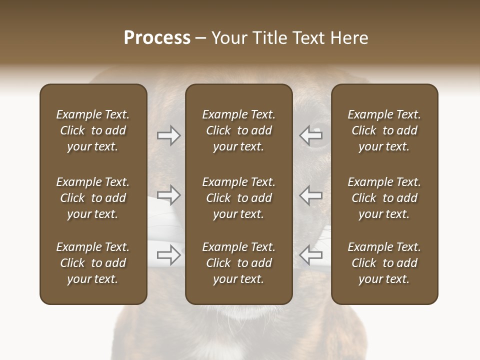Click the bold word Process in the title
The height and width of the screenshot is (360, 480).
(157, 38)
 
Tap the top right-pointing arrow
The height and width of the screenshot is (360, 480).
(169, 135)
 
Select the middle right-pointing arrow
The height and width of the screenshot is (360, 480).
(169, 195)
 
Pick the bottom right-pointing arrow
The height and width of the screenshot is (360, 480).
(169, 255)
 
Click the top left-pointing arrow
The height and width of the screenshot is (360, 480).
(311, 135)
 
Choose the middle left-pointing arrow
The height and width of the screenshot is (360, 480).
(311, 195)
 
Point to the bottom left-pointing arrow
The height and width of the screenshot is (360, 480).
(311, 255)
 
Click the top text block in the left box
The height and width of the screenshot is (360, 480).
(93, 130)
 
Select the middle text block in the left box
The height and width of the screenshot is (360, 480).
(93, 198)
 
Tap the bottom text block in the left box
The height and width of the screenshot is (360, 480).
(93, 263)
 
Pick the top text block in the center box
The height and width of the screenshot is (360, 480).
(238, 130)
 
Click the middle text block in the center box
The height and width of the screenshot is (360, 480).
(238, 198)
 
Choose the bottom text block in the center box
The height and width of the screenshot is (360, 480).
(238, 263)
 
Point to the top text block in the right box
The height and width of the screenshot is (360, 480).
(384, 130)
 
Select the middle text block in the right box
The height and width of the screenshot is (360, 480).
(384, 198)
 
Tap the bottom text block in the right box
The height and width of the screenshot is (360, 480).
(384, 263)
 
